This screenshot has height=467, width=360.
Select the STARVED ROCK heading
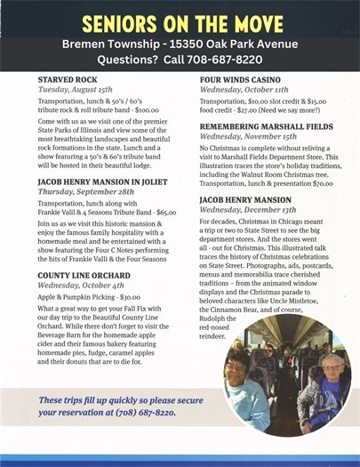point(68,80)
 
